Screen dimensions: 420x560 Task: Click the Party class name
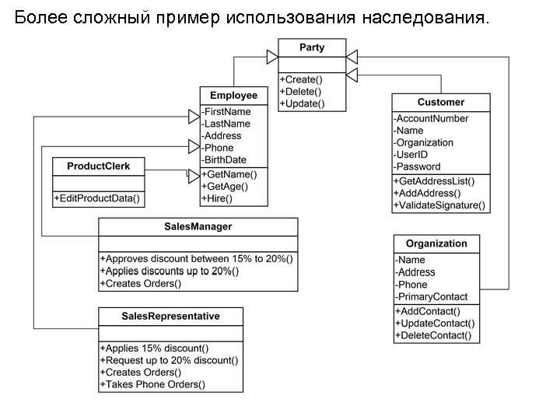pos(312,48)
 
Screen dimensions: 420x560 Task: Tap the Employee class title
pos(233,96)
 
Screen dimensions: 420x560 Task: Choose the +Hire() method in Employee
pos(217,198)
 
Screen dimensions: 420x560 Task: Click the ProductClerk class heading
pos(99,166)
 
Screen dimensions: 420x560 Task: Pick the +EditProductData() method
pos(97,199)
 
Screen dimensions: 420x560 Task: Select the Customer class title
pos(441,103)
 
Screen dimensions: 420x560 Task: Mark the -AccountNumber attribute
pos(432,119)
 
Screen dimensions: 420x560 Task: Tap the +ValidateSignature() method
pos(439,205)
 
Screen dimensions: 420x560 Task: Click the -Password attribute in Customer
pos(417,166)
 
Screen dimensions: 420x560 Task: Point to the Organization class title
pos(436,243)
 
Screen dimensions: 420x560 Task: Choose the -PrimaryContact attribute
pos(432,296)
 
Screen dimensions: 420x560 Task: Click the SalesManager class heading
pos(198,227)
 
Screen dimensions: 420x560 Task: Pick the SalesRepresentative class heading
pos(170,317)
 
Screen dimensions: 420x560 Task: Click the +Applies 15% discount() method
pos(154,348)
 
